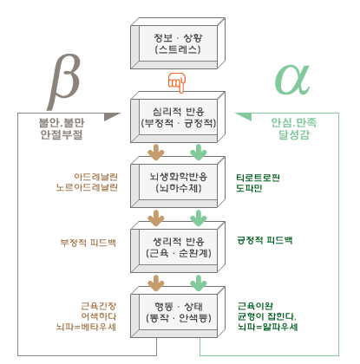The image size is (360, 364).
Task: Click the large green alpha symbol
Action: coord(292,80)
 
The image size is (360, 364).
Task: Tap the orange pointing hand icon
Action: coord(177,83)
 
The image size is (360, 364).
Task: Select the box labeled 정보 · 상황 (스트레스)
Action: coord(178,43)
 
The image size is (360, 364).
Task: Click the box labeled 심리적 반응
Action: coord(178,117)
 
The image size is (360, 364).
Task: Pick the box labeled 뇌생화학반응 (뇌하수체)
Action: coord(178,182)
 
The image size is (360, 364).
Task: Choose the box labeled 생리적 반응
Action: coord(178,247)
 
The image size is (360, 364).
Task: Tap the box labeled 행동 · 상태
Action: coord(178,312)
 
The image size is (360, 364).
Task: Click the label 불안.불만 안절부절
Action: coord(62,128)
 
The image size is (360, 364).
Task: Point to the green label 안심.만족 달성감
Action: coord(294,128)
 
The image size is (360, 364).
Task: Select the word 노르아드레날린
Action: coord(87,187)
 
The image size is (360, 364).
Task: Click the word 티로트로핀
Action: coord(258,178)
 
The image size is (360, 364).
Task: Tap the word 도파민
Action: coord(249,188)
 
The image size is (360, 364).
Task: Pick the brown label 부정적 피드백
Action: coord(88,242)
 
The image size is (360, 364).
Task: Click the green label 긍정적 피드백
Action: coord(265,240)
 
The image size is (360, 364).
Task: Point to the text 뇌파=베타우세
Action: coord(86,327)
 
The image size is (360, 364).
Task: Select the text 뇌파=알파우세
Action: coord(267,327)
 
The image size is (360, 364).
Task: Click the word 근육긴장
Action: coord(99,306)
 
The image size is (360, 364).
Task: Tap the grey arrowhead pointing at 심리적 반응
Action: coord(112,116)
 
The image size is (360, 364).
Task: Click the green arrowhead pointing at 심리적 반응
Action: coord(243,116)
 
